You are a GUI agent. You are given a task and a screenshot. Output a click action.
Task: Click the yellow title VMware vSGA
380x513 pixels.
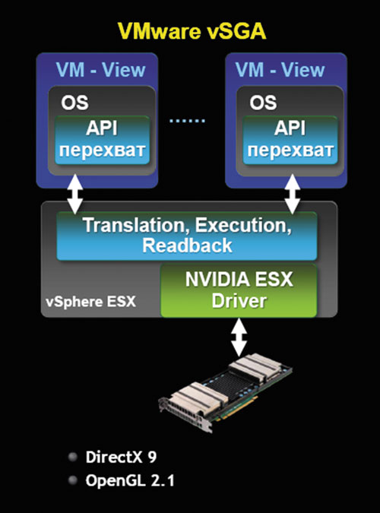[192, 31]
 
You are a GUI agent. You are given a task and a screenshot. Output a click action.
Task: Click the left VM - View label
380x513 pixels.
[100, 70]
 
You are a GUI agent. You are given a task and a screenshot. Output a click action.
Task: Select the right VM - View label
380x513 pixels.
[280, 70]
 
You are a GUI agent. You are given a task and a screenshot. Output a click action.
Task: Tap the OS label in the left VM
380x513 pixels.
[74, 103]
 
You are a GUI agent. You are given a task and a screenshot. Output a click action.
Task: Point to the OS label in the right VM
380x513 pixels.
[263, 103]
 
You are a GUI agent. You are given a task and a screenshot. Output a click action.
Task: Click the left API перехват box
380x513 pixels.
[102, 140]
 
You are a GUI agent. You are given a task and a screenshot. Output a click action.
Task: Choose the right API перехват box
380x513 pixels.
[290, 140]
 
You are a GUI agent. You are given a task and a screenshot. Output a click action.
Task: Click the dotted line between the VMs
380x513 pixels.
[187, 121]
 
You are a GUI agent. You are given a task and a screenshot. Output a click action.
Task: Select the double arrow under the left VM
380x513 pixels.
[75, 194]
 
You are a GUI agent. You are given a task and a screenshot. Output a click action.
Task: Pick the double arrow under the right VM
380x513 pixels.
[293, 194]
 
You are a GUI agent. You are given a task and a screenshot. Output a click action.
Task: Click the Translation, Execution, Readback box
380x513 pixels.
[187, 236]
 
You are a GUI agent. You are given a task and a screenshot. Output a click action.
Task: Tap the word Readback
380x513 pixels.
[187, 245]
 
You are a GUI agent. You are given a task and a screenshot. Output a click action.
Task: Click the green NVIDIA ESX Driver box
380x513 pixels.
[239, 290]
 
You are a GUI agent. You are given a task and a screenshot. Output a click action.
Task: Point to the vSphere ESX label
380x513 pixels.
[90, 301]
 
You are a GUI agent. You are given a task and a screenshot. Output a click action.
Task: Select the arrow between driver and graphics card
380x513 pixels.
[239, 337]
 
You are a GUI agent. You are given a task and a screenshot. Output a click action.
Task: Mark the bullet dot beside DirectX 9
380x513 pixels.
[73, 457]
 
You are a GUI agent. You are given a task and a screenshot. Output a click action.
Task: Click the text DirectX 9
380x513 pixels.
[121, 457]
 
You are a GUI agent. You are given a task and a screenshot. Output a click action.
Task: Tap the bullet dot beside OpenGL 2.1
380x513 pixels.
[73, 480]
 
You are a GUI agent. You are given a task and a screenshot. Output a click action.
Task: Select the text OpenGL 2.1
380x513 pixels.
[130, 480]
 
